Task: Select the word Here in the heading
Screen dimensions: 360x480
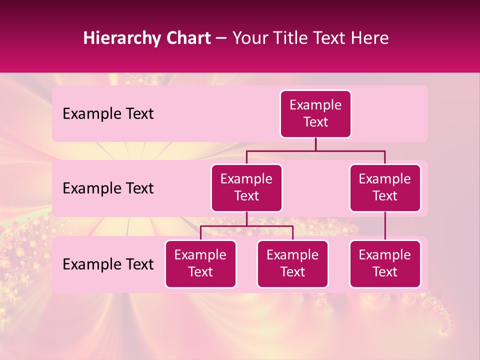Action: pos(369,38)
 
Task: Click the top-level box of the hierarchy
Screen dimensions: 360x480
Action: pos(315,114)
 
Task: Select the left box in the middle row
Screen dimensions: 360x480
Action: pos(246,188)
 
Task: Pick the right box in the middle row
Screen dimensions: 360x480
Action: pos(385,188)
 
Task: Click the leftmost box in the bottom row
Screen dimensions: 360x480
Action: pos(200,264)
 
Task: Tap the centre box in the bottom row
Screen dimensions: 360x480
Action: pos(292,264)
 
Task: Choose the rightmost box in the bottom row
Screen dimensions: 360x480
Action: pos(385,264)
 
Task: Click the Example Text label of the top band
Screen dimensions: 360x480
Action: pos(108,114)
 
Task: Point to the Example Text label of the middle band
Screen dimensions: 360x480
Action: pos(108,188)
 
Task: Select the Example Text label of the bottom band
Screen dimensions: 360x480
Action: pos(108,264)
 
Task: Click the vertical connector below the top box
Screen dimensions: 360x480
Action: pos(315,144)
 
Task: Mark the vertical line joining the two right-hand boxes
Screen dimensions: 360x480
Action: pos(385,226)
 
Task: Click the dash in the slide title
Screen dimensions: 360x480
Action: pos(221,38)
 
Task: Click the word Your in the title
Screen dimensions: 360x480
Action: pos(248,38)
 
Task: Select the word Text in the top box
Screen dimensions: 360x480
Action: pos(315,122)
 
